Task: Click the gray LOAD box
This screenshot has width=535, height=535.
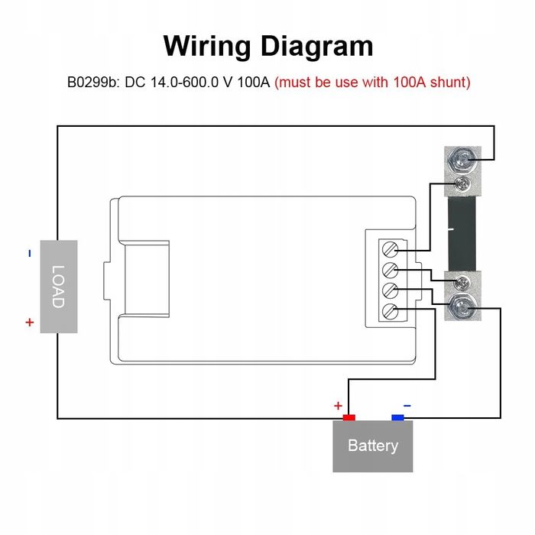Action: [58, 287]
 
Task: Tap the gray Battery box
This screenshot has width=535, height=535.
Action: [372, 446]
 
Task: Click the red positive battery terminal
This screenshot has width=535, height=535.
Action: [349, 417]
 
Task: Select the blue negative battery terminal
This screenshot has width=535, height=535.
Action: [397, 417]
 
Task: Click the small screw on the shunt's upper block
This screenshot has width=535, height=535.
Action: [460, 184]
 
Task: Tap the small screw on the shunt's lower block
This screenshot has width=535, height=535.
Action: [460, 283]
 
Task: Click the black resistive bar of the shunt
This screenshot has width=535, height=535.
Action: [460, 233]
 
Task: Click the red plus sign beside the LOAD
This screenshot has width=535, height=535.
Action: [30, 323]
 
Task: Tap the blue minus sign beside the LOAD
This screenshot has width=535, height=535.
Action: [30, 253]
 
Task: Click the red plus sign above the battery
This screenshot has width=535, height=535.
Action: [338, 406]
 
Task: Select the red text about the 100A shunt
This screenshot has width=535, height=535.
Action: [372, 82]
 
